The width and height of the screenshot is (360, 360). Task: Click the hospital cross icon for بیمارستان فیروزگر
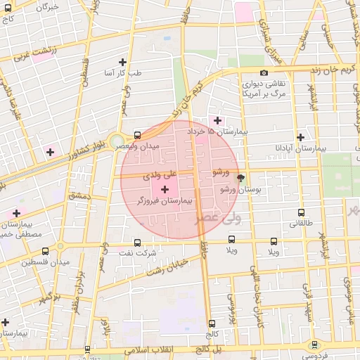point(165,190)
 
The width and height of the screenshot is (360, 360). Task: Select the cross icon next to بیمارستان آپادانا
point(301,137)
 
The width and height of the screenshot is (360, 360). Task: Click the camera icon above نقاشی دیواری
point(264,73)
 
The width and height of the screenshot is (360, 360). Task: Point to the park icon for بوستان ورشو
point(241,178)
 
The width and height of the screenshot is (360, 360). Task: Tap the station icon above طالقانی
point(302,212)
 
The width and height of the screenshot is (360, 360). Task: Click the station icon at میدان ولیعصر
point(136,134)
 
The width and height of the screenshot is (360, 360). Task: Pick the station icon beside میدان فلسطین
point(46,251)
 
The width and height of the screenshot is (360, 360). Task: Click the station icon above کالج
point(212,324)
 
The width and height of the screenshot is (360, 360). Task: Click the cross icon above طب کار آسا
point(123,62)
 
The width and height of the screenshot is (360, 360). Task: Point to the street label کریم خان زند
point(335,70)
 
